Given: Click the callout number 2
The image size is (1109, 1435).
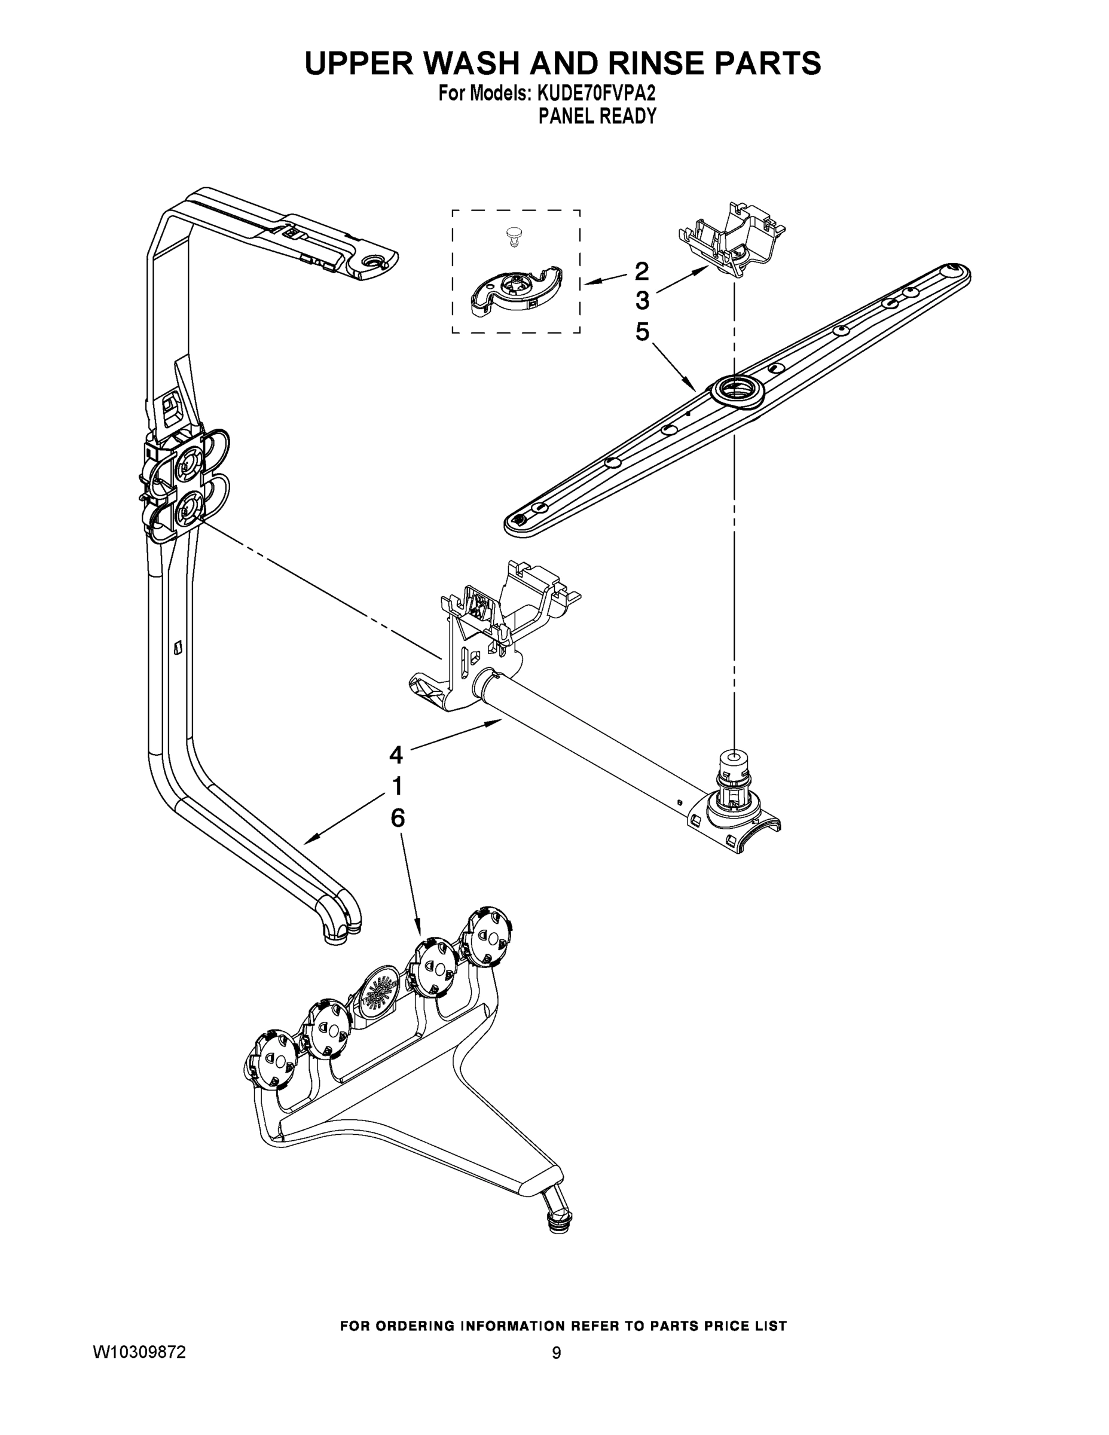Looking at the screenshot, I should point(642,271).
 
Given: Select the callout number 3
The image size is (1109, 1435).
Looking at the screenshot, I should point(642,301).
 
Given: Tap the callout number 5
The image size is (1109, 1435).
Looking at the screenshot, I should point(642,332).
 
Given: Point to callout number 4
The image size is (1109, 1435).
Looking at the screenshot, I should point(396,755).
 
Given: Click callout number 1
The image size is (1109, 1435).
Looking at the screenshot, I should point(396,786).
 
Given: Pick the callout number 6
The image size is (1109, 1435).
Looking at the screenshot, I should point(398,818).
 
